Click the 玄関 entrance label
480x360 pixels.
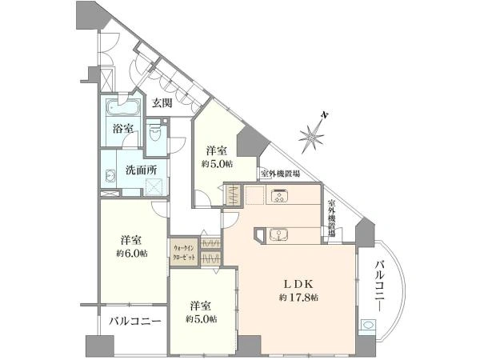pos(163,102)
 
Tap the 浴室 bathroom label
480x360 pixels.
pos(122,130)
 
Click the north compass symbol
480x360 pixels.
pos(314,133)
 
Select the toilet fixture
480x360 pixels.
pos(159,137)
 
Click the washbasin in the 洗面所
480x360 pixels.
pos(110,178)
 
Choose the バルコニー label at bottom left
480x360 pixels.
pos(135,321)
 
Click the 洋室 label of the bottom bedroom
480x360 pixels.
pos(201,305)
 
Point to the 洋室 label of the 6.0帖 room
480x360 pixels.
pos(132,240)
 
